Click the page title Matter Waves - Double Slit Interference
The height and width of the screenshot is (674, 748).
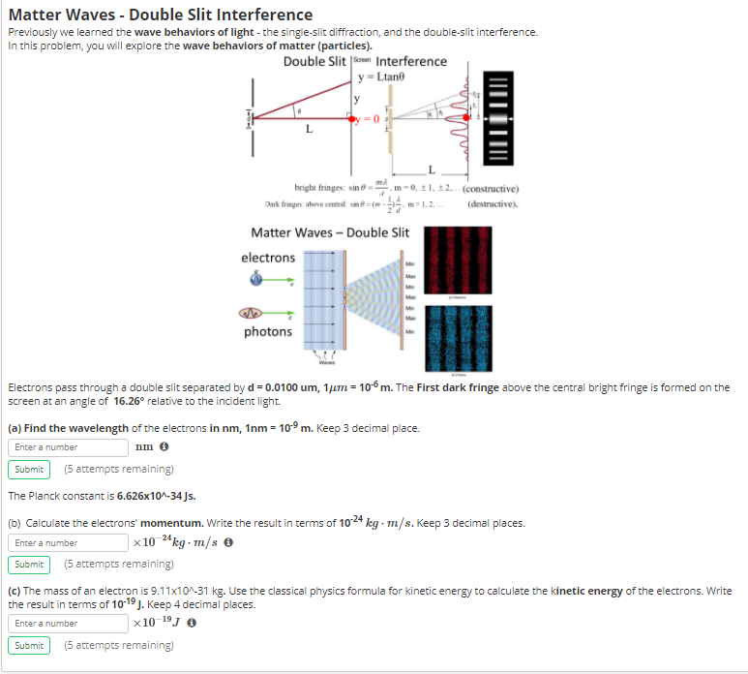161,15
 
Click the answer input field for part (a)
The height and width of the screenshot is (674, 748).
69,447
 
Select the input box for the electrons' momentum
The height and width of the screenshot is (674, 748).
69,543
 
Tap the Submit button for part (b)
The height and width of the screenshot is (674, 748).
29,565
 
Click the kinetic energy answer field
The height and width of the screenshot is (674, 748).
69,624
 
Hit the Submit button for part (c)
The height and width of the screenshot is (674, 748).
29,645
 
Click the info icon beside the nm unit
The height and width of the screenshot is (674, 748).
165,447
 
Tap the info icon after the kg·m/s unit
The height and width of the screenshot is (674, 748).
227,543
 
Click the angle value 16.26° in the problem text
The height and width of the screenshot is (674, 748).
133,400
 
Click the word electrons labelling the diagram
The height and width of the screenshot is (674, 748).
268,258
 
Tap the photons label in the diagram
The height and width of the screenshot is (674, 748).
268,332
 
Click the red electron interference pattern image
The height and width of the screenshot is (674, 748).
460,262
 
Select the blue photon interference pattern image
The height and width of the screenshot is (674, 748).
460,334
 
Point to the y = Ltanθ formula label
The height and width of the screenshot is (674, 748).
379,77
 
